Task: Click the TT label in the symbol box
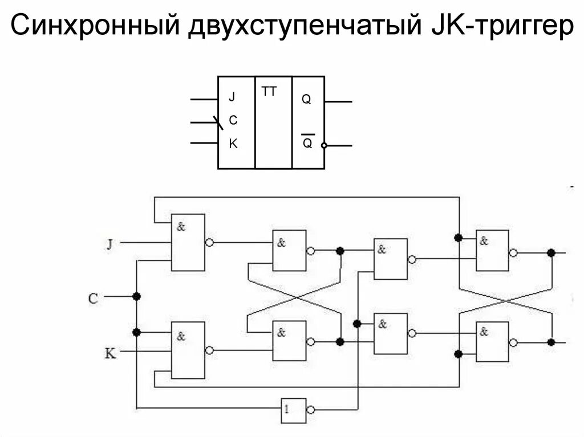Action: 269,91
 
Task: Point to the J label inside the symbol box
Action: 232,97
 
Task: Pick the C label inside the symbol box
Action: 233,121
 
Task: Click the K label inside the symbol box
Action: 233,144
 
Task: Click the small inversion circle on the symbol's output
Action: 324,145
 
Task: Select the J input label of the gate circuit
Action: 109,244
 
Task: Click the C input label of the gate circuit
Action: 94,297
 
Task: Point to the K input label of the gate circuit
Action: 110,353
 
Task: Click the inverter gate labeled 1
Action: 293,410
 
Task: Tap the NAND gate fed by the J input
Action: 188,242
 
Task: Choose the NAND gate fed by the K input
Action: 188,350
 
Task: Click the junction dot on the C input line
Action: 136,296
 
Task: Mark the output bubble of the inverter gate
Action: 310,410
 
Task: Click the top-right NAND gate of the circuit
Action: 492,251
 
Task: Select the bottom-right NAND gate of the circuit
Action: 492,342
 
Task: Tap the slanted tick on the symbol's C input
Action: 218,122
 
